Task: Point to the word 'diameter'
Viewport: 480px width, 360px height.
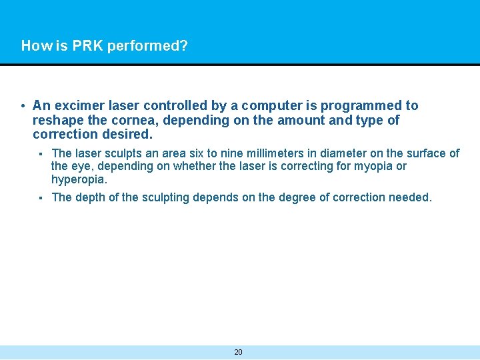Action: [324, 153]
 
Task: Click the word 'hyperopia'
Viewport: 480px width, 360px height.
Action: [78, 179]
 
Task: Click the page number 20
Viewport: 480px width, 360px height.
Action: [238, 352]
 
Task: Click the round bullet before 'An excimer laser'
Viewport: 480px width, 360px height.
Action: [23, 106]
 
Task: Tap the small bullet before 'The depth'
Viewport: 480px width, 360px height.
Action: [41, 198]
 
